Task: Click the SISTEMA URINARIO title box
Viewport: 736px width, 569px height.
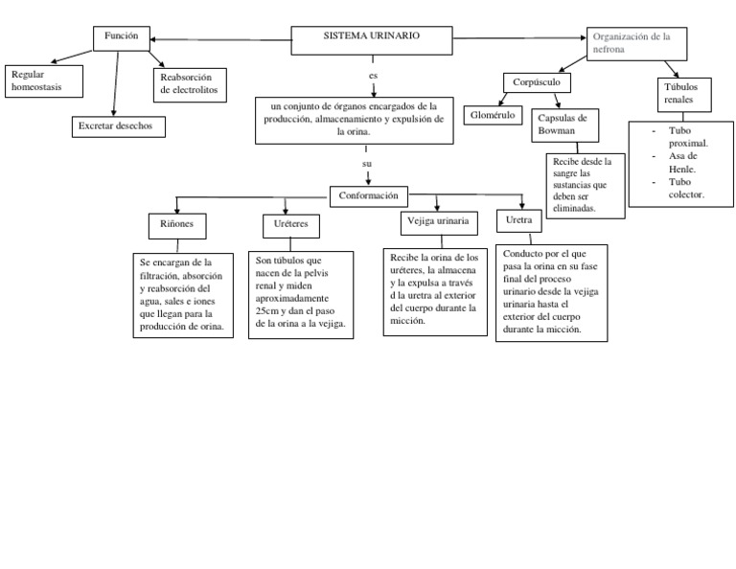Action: point(372,40)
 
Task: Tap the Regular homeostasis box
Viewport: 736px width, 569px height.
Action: point(44,81)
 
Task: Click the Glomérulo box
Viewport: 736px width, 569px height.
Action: point(493,115)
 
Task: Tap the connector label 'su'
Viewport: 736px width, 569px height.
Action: point(367,165)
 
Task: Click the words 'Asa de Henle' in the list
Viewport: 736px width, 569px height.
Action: point(682,161)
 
